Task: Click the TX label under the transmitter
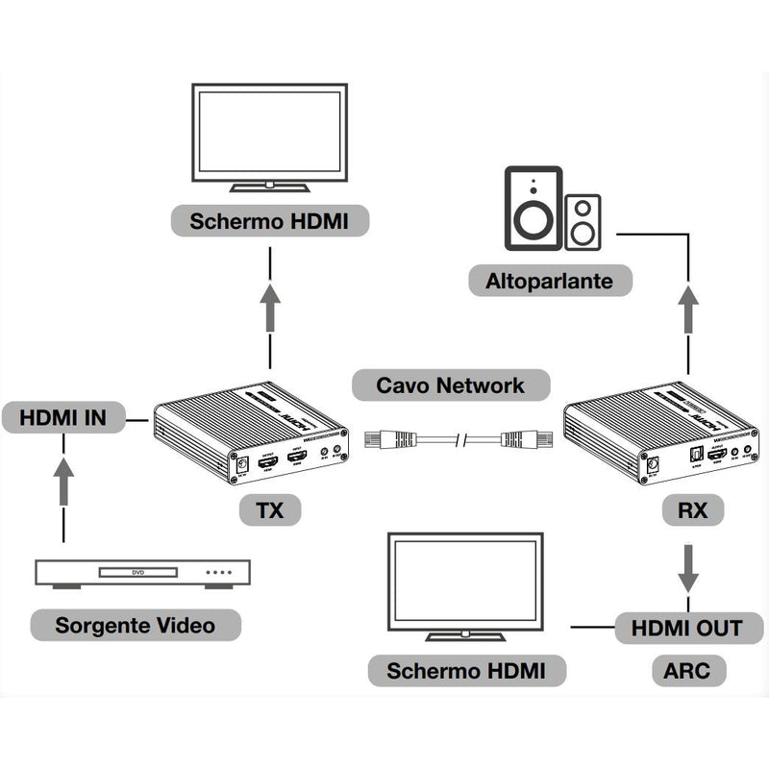(270, 509)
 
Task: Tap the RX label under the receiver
(686, 510)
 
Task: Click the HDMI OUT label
(687, 629)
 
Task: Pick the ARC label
(687, 670)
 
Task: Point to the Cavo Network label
(450, 385)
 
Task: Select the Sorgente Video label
(135, 626)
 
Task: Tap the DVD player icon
(142, 573)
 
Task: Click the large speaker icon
(533, 209)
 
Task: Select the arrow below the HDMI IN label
(63, 481)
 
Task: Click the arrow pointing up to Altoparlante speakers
(687, 310)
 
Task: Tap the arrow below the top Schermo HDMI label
(270, 306)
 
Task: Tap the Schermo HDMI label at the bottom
(465, 670)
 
